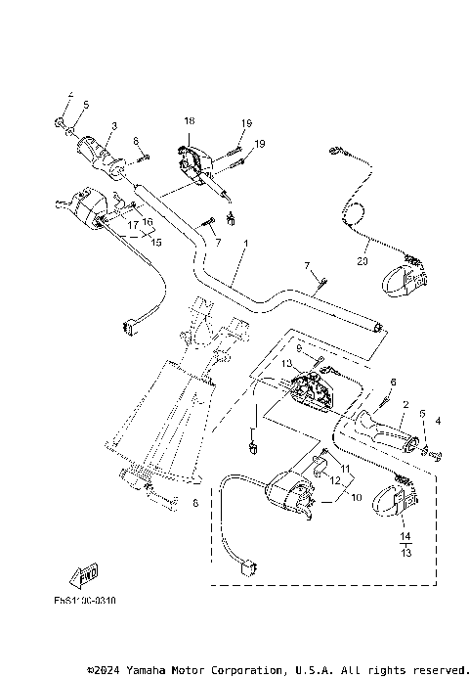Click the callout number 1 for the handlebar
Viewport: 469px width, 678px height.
247,243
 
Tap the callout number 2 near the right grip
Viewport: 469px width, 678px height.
405,403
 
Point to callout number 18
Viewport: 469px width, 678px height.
189,120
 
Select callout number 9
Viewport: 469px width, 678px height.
300,347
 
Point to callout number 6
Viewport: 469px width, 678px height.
393,383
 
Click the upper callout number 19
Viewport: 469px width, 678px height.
246,123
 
